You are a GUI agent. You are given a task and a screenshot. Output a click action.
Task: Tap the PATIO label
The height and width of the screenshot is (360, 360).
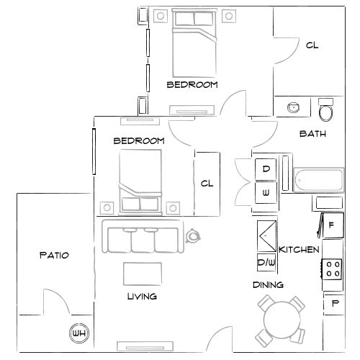click(53, 255)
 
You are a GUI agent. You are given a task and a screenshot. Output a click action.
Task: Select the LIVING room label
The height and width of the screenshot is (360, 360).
click(142, 296)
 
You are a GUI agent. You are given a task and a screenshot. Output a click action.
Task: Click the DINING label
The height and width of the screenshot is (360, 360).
click(267, 284)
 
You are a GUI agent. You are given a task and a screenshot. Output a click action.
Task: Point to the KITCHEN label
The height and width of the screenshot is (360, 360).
click(299, 248)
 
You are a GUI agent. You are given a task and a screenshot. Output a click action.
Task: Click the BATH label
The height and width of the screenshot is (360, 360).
click(312, 133)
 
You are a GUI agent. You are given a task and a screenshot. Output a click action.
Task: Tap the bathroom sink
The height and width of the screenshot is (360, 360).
click(294, 108)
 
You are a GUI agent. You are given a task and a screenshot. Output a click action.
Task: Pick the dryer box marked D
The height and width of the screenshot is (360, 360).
click(266, 169)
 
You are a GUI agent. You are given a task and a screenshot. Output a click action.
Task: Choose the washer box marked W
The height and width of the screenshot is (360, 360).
click(266, 192)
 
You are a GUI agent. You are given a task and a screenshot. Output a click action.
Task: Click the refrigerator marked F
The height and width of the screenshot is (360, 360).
click(330, 225)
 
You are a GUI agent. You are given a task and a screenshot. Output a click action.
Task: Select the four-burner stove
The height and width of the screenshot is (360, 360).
click(332, 269)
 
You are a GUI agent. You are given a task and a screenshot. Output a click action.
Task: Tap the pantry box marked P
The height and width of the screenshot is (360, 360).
click(334, 304)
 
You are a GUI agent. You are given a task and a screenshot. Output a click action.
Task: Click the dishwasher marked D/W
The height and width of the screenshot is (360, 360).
click(266, 261)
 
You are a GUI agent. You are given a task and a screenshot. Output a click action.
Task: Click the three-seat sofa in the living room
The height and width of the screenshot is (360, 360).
click(143, 238)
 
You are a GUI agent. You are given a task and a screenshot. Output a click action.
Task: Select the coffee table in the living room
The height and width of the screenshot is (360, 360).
click(143, 274)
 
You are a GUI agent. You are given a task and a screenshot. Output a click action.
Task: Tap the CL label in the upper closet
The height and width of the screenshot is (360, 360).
click(311, 45)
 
